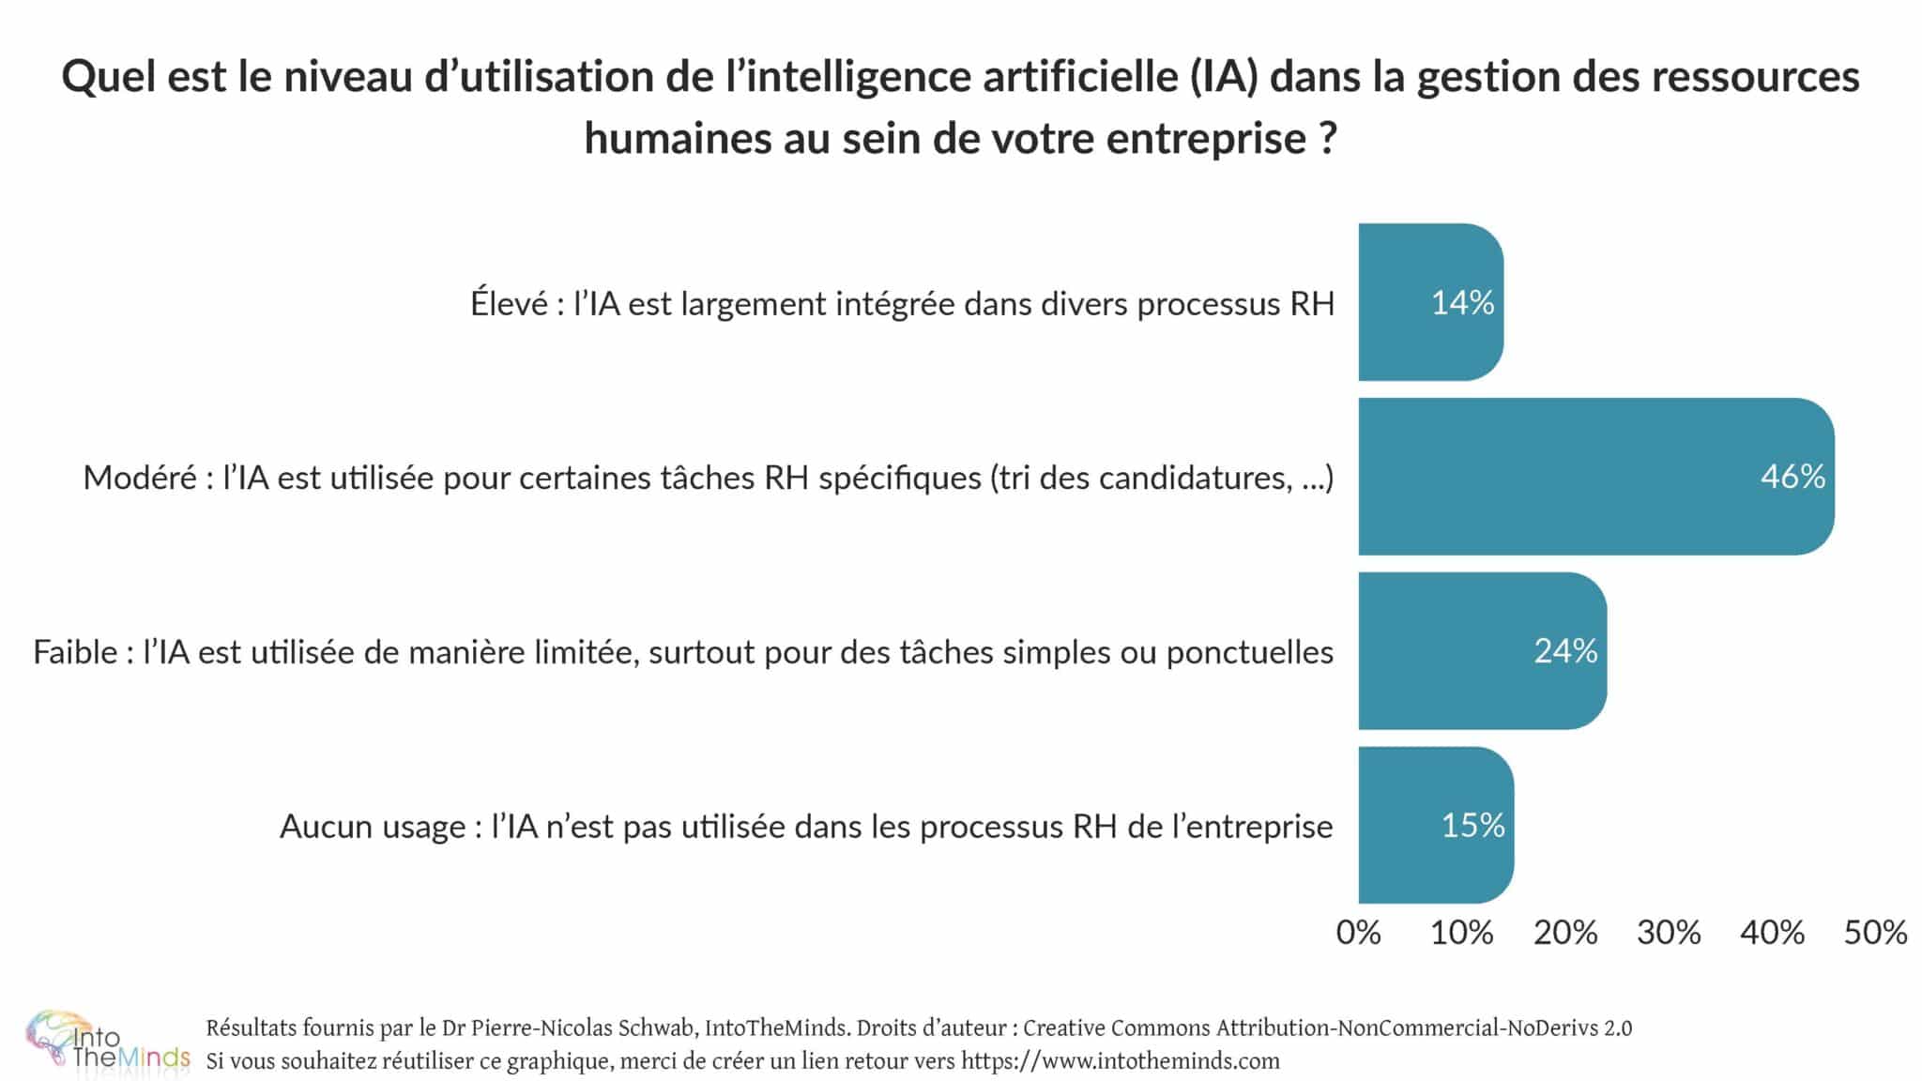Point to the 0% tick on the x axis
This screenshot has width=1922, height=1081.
click(x=1358, y=933)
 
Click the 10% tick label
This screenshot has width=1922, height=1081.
click(x=1461, y=933)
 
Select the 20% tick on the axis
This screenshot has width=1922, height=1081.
click(x=1564, y=933)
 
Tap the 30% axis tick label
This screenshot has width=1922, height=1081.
click(x=1669, y=933)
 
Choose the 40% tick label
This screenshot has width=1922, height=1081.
click(x=1772, y=933)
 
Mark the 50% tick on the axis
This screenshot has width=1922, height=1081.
click(x=1875, y=933)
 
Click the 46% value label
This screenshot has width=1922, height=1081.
click(x=1792, y=477)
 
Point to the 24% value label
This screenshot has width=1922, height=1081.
click(x=1565, y=651)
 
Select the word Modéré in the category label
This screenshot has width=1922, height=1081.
click(x=140, y=479)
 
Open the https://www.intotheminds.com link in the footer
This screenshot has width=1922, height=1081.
click(x=1120, y=1061)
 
